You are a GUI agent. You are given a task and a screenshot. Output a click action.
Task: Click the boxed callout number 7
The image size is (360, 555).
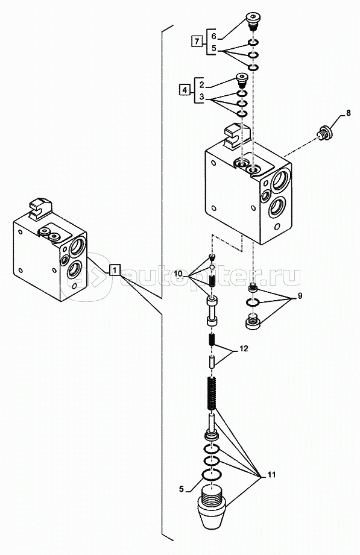[x=197, y=42]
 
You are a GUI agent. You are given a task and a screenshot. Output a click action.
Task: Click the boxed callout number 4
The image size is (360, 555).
[x=185, y=90]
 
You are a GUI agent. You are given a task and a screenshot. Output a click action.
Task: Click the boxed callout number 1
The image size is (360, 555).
[x=115, y=271]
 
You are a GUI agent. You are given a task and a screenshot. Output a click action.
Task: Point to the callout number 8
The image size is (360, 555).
[x=349, y=113]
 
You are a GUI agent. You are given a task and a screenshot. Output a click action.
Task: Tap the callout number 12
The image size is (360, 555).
[x=244, y=349]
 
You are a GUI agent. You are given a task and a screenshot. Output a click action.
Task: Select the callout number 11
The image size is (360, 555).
[x=271, y=475]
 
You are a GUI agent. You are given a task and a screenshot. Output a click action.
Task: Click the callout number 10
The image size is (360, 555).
[x=178, y=274]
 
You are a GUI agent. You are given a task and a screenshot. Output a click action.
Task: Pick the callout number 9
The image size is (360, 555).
[x=300, y=296]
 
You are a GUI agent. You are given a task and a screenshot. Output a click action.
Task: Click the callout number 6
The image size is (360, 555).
[x=213, y=36]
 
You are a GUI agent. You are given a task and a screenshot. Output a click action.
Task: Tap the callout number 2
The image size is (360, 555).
[x=201, y=84]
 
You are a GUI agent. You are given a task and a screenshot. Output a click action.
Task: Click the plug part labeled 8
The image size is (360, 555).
[x=324, y=133]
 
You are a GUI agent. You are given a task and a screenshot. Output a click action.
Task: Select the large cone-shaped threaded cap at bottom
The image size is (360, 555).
[x=211, y=507]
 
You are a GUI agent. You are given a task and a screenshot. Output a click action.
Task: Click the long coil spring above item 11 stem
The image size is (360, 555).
[x=212, y=394]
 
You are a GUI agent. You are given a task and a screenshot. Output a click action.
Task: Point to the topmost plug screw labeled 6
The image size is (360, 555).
[x=253, y=21]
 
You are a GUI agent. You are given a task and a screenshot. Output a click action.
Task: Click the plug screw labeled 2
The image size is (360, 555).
[x=242, y=80]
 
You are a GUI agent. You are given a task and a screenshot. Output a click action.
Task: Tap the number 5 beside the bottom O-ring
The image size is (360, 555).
[x=182, y=489]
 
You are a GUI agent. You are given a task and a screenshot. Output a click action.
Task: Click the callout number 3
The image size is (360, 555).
[x=201, y=96]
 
